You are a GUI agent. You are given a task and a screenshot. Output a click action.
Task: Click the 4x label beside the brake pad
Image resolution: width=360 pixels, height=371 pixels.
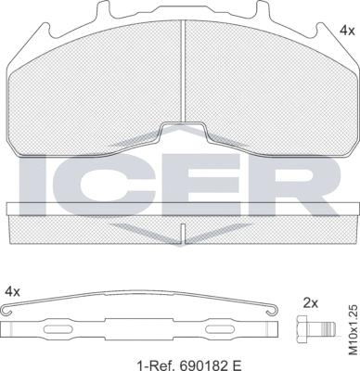[347, 31]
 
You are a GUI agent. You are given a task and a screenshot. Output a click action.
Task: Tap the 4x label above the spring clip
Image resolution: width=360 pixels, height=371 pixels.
[13, 291]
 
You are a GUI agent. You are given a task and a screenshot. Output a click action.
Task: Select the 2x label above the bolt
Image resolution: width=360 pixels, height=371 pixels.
[311, 303]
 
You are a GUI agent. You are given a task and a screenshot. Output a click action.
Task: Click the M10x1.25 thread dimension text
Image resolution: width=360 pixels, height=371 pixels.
[353, 329]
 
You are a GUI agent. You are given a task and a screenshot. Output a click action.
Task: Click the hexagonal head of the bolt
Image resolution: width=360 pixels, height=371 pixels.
[303, 328]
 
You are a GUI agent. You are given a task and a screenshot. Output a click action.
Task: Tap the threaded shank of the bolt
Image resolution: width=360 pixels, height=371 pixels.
[325, 328]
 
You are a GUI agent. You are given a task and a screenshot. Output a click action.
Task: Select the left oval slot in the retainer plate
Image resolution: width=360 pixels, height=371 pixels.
[57, 329]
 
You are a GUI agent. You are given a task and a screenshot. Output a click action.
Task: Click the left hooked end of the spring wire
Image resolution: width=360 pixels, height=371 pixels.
[6, 310]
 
